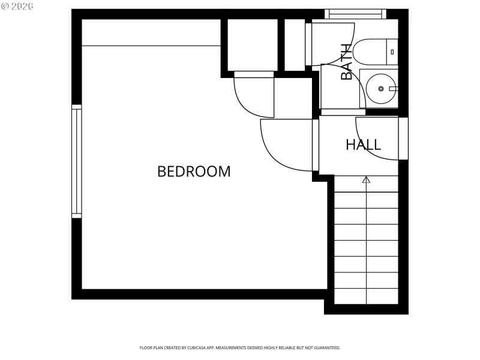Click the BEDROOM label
click(194, 172)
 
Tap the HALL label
click(363, 145)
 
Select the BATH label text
click(346, 62)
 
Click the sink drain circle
click(381, 89)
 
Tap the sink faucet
click(392, 89)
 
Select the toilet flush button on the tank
click(393, 52)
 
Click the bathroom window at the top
click(355, 14)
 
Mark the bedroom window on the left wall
click(77, 161)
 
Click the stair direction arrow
click(366, 179)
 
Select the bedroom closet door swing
click(254, 96)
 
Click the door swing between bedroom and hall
click(285, 144)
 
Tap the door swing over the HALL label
click(377, 138)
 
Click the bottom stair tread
click(366, 296)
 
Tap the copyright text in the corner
click(18, 5)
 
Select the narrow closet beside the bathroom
click(294, 45)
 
